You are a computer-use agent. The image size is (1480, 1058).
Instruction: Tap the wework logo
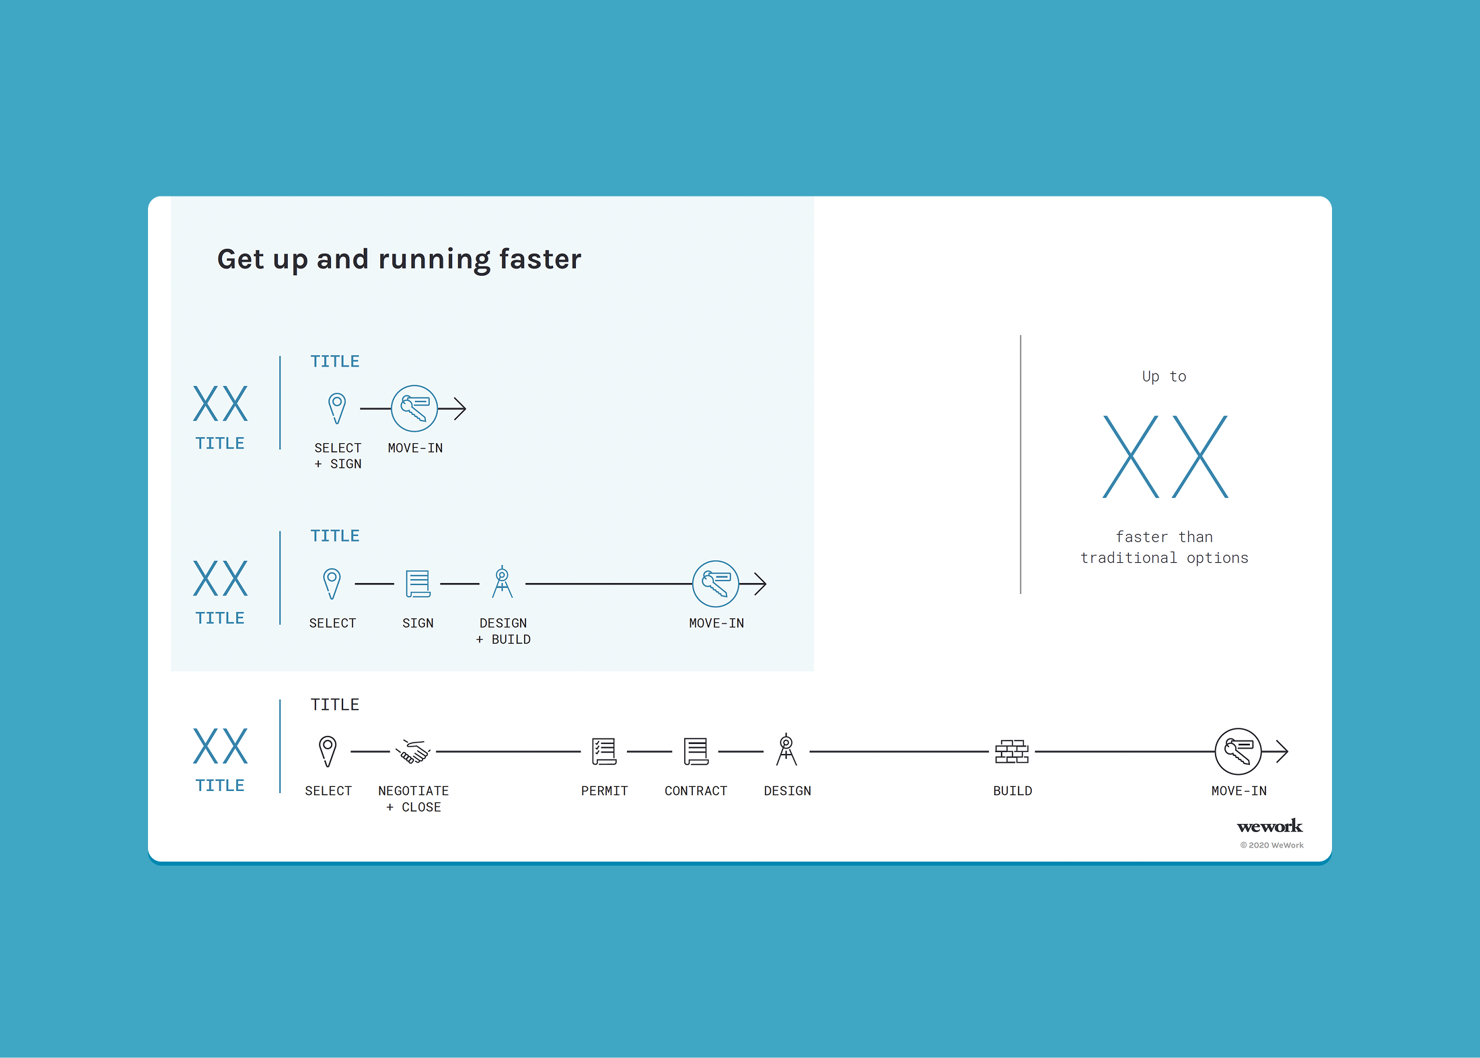coord(1269,826)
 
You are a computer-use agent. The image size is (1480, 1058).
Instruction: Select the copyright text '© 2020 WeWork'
coord(1271,845)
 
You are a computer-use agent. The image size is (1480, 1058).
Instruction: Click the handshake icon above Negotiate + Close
coord(413,751)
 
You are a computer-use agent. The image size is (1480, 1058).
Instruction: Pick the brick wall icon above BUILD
coord(1012,751)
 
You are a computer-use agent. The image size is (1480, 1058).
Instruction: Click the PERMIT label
coord(604,791)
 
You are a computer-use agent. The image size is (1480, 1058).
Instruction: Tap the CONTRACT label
coord(696,791)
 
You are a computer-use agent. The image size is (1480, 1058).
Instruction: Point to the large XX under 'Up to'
coord(1165,457)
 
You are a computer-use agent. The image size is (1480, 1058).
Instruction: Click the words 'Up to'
coord(1164,377)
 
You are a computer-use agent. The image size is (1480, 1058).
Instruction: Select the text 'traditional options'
coord(1164,558)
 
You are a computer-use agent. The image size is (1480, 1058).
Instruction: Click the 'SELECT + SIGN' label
coord(338,456)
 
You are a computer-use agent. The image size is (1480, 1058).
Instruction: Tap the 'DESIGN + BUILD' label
coord(503,631)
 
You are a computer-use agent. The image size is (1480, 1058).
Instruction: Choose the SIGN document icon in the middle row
coord(418,584)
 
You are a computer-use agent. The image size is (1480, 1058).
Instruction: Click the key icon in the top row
coord(414,408)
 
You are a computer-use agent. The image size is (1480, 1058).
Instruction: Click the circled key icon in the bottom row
coord(1238,751)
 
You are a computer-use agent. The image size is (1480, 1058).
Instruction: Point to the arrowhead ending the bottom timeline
coord(1287,751)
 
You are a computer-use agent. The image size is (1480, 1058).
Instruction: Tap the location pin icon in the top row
coord(337,408)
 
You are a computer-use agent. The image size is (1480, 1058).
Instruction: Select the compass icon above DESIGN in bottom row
coord(786,750)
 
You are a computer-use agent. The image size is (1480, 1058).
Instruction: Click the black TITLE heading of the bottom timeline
coord(335,705)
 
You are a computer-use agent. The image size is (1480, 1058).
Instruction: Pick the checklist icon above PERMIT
coord(604,751)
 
